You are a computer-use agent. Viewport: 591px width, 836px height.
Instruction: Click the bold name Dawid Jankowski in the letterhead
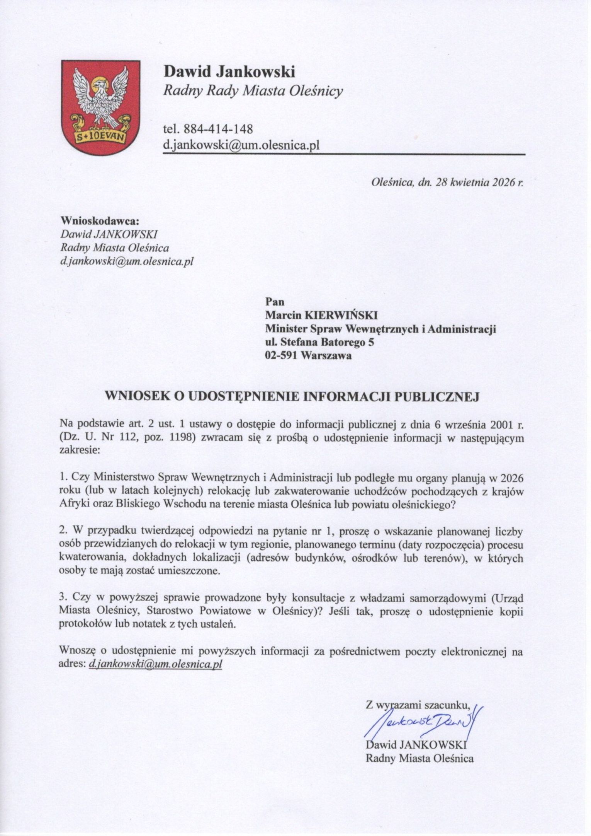point(229,71)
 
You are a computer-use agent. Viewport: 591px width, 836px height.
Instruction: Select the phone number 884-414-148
point(219,128)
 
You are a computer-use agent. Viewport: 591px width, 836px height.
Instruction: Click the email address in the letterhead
point(241,145)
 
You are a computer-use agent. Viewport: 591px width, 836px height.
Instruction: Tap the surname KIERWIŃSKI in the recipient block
point(341,316)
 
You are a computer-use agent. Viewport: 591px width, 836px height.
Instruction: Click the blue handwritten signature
point(421,720)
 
